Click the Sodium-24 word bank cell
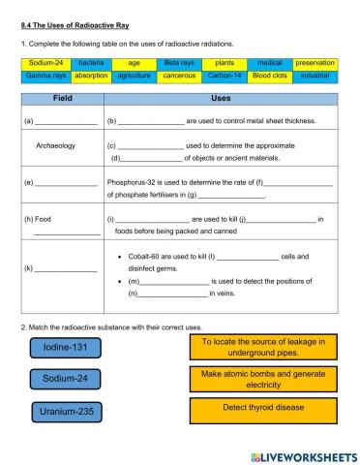coord(45,62)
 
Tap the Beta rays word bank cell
coord(179,62)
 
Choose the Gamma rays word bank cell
coord(45,74)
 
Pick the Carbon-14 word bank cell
coord(225,74)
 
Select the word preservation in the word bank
coord(315,62)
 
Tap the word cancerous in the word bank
coord(179,74)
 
